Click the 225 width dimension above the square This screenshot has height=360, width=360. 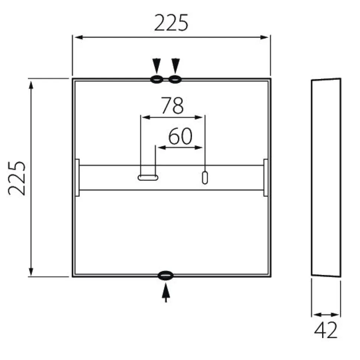[171, 23]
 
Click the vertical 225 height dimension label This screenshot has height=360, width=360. [17, 178]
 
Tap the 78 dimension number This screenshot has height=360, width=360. [173, 105]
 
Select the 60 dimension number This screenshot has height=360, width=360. [180, 136]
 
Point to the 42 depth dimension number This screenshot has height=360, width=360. [326, 330]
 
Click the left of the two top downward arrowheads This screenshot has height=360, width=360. [157, 66]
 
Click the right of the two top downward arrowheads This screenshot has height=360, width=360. [176, 66]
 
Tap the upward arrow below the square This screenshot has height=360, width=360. [166, 293]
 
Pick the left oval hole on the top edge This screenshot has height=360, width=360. [157, 79]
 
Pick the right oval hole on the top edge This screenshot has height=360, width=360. [175, 79]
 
